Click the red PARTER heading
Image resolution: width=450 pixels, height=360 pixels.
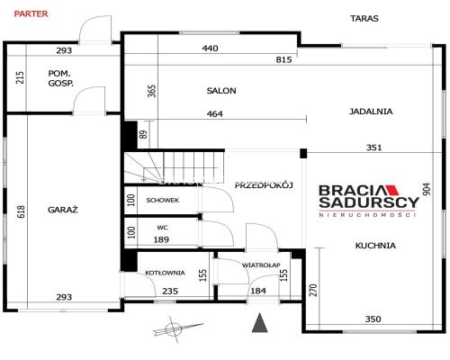31,13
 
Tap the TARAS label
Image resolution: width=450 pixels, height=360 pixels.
364,18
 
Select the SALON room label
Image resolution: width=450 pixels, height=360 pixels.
221,91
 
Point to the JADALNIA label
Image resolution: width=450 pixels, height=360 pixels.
371,112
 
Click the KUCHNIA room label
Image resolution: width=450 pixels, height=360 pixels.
375,246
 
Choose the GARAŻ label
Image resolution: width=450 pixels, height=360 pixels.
63,209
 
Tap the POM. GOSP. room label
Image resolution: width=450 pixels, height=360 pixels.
60,78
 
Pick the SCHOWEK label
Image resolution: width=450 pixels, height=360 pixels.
163,200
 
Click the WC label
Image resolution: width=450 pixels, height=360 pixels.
162,228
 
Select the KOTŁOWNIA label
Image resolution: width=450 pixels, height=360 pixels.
165,273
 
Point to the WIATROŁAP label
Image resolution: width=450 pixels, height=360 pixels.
261,265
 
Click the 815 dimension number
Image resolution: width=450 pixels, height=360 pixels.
283,59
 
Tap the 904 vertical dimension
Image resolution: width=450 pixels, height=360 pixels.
427,189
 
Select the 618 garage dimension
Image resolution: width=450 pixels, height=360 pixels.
21,211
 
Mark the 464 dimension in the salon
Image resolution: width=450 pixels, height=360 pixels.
215,114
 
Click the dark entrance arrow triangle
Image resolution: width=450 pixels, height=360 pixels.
260,322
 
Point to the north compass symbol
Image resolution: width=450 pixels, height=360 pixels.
174,329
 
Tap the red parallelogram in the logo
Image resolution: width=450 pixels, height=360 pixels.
391,190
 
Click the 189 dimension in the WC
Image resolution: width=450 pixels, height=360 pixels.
161,239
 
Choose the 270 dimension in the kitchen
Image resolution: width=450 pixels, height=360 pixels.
313,290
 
